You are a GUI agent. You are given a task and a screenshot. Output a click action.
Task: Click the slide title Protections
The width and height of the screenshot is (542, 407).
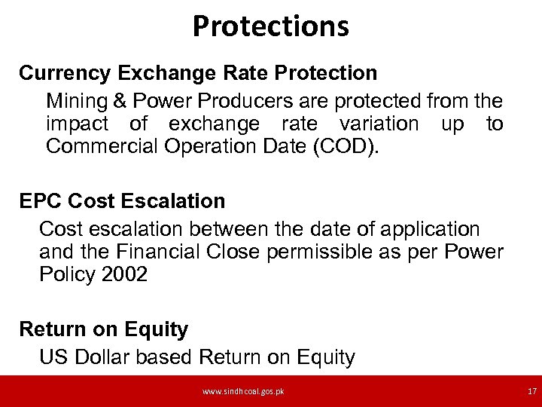pyautogui.click(x=271, y=26)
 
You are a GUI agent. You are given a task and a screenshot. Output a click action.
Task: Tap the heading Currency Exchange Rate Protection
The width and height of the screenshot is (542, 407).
pyautogui.click(x=198, y=73)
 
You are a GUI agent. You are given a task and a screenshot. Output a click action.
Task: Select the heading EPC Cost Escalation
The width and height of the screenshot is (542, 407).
pyautogui.click(x=122, y=201)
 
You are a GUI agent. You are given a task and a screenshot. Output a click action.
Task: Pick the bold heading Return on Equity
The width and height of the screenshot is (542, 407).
pyautogui.click(x=103, y=329)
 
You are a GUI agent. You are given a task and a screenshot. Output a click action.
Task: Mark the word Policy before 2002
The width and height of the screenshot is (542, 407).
pyautogui.click(x=65, y=275)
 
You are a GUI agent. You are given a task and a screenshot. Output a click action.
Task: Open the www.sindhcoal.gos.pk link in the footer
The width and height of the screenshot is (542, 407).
pyautogui.click(x=243, y=392)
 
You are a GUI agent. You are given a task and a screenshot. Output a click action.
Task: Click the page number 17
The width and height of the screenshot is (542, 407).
pyautogui.click(x=531, y=392)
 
